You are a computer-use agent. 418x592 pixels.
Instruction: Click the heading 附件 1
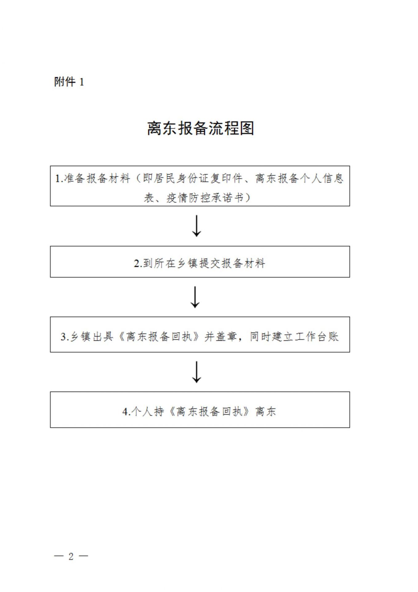point(69,82)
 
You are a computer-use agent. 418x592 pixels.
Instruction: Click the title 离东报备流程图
point(201,128)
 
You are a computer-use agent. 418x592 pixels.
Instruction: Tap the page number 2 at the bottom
point(71,556)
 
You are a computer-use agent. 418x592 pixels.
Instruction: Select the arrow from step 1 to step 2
point(197,226)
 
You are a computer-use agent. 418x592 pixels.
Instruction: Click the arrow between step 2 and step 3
point(195,297)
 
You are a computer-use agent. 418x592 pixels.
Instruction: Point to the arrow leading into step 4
point(197,372)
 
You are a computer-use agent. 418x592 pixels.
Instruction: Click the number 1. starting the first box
point(59,179)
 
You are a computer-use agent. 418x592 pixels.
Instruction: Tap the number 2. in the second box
point(138,264)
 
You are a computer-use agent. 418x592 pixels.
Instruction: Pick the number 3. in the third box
point(65,336)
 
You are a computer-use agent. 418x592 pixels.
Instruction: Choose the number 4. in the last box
point(127,412)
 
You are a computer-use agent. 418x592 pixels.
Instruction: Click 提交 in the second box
point(209,263)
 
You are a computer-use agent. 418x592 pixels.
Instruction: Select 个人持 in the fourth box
point(148,412)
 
